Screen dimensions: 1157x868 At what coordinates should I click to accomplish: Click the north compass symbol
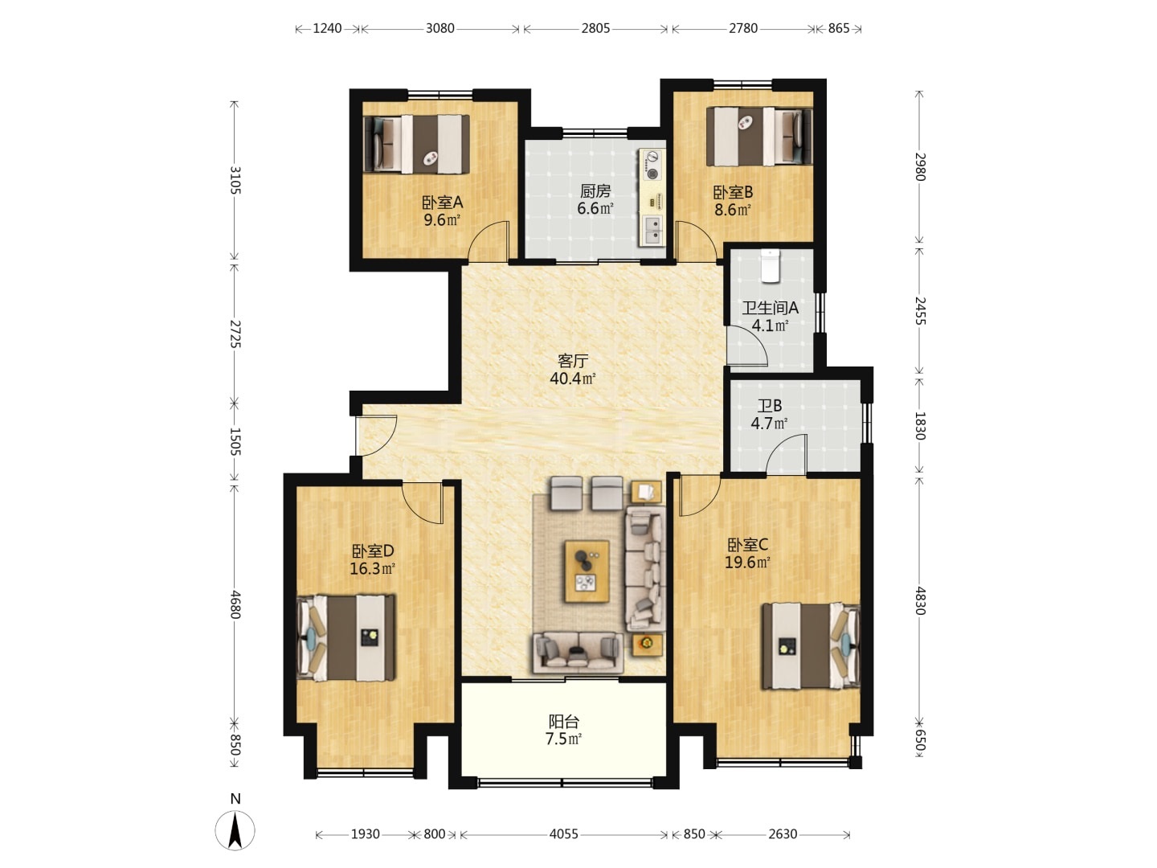point(235,830)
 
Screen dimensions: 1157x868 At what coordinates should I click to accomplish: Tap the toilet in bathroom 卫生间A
point(770,266)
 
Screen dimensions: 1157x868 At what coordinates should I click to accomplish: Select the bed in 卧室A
point(416,145)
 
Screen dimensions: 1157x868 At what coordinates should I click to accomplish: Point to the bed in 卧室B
point(759,136)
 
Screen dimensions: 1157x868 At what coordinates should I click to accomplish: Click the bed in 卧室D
point(345,637)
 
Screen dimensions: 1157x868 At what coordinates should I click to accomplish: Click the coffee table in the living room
point(587,571)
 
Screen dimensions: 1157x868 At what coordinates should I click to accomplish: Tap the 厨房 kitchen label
point(595,190)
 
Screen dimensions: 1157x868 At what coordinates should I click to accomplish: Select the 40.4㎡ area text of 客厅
point(572,379)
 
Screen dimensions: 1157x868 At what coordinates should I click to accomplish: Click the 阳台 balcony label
point(563,721)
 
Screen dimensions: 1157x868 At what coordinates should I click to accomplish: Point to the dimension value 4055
point(563,833)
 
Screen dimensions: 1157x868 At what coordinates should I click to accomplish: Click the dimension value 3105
point(235,180)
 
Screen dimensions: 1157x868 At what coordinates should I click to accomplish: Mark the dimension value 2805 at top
point(595,28)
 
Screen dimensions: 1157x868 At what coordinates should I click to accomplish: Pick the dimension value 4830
point(920,600)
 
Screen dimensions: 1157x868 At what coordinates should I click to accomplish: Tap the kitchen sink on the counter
point(652,231)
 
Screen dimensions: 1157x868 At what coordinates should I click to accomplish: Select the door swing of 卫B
point(785,454)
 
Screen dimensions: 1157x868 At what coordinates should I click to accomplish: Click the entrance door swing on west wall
point(375,436)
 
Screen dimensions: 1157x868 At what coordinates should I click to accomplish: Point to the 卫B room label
point(770,406)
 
